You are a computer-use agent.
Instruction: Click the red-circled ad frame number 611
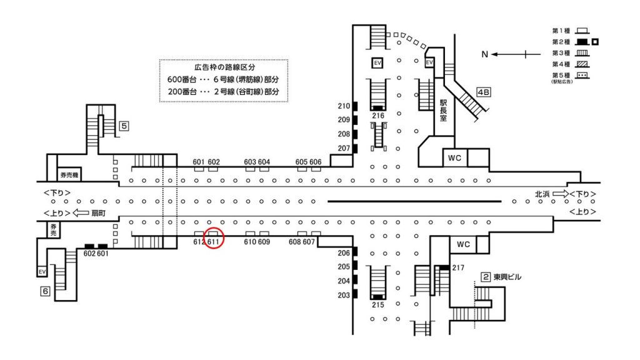coord(214,242)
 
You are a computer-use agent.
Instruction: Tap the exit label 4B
coord(484,92)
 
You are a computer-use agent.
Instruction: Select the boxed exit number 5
coord(124,126)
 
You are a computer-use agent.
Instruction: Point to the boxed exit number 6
coord(45,291)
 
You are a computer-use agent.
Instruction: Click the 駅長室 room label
coord(443,111)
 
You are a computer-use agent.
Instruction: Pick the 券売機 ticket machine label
coord(69,175)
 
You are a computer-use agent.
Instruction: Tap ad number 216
coord(378,116)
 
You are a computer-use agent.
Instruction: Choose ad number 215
coord(378,305)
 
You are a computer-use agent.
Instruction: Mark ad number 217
coord(458,267)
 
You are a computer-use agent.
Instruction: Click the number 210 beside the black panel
coord(344,106)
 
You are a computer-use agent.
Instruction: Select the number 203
coord(344,295)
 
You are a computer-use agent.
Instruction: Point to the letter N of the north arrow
coord(484,54)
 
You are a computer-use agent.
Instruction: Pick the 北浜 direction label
coord(542,194)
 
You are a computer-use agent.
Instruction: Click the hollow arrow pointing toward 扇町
coord(81,212)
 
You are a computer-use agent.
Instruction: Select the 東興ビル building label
coord(507,277)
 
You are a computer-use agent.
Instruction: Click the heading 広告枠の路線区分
coord(224,67)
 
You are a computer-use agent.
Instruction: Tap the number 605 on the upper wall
coord(302,162)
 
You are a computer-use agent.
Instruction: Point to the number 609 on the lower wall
coord(264,242)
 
